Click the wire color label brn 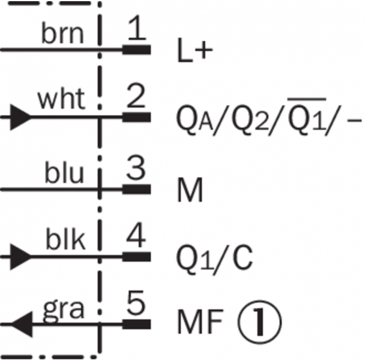pos(62,34)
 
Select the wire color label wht pos(61,100)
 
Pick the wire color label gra pos(63,310)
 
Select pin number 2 pos(137,96)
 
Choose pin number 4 pos(137,236)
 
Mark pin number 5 pos(137,305)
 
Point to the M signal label pos(190,192)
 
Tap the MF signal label pos(199,324)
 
